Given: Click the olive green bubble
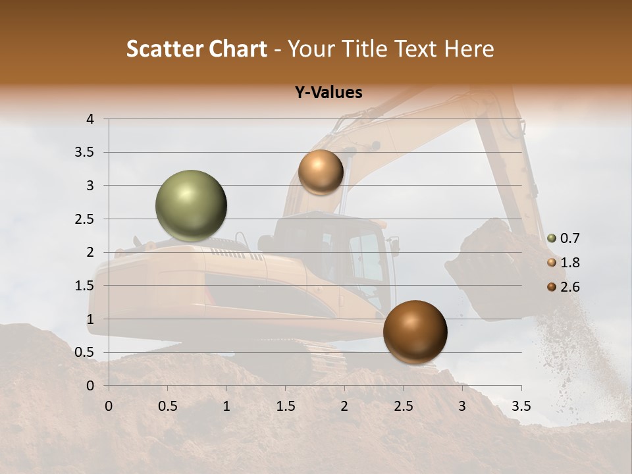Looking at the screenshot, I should point(191,206).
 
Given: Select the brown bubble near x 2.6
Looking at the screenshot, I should point(415,332).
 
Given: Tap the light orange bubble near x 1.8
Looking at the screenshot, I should point(321,172).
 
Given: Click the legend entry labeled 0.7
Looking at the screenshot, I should point(564,238).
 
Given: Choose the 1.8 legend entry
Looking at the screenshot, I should point(564,263).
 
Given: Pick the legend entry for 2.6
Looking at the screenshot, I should point(564,286).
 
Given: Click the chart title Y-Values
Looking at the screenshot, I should point(328,93).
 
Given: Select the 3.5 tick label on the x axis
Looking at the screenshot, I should point(521,406).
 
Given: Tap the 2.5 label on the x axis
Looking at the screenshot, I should point(403,406).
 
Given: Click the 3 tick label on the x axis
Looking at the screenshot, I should point(462,406).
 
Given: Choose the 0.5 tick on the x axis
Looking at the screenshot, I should point(168,406).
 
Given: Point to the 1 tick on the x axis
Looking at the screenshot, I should point(226,406).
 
